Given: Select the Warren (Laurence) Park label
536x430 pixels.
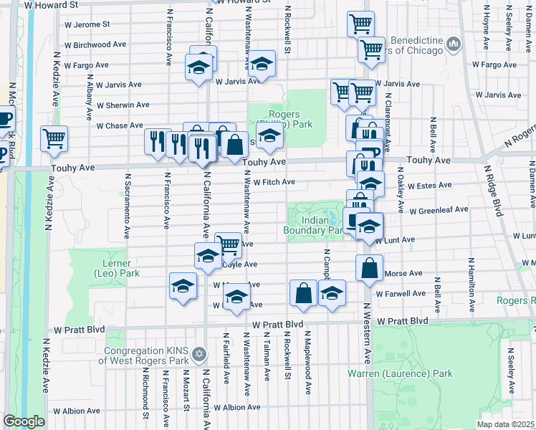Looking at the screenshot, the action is (x=401, y=373).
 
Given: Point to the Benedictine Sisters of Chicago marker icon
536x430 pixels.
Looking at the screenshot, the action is (x=452, y=46).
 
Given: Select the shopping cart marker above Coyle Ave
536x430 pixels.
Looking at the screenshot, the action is (x=228, y=244).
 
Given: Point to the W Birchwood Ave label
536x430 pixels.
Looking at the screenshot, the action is (x=95, y=44).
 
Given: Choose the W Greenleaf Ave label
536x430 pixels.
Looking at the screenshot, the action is (x=438, y=210).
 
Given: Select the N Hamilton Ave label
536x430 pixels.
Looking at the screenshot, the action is (x=472, y=285).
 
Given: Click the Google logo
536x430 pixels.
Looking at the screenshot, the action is (x=24, y=421).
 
